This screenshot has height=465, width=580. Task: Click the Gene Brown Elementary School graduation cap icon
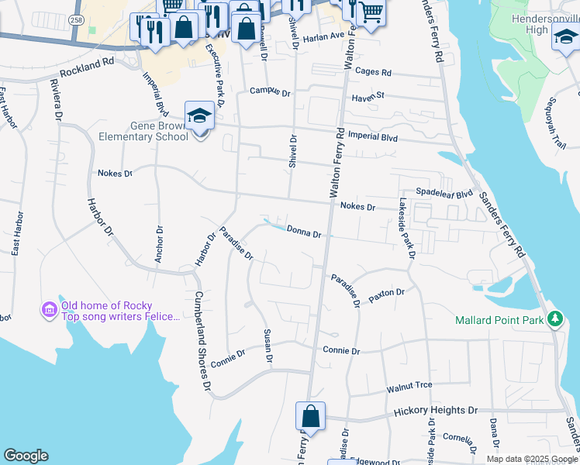pyautogui.click(x=199, y=116)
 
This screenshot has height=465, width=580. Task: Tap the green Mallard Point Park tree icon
pyautogui.click(x=554, y=319)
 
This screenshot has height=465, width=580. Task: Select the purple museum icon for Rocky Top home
pyautogui.click(x=50, y=311)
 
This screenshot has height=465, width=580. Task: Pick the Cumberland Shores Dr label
pyautogui.click(x=202, y=341)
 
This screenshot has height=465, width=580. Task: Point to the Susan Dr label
pyautogui.click(x=268, y=346)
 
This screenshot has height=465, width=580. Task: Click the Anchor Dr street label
pyautogui.click(x=158, y=244)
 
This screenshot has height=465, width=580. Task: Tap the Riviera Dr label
pyautogui.click(x=56, y=100)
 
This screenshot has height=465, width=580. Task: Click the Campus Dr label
pyautogui.click(x=269, y=91)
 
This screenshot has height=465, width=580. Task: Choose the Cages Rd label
pyautogui.click(x=375, y=73)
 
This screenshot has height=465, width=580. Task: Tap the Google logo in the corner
pyautogui.click(x=26, y=456)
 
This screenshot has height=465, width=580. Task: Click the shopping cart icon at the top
pyautogui.click(x=371, y=13)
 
